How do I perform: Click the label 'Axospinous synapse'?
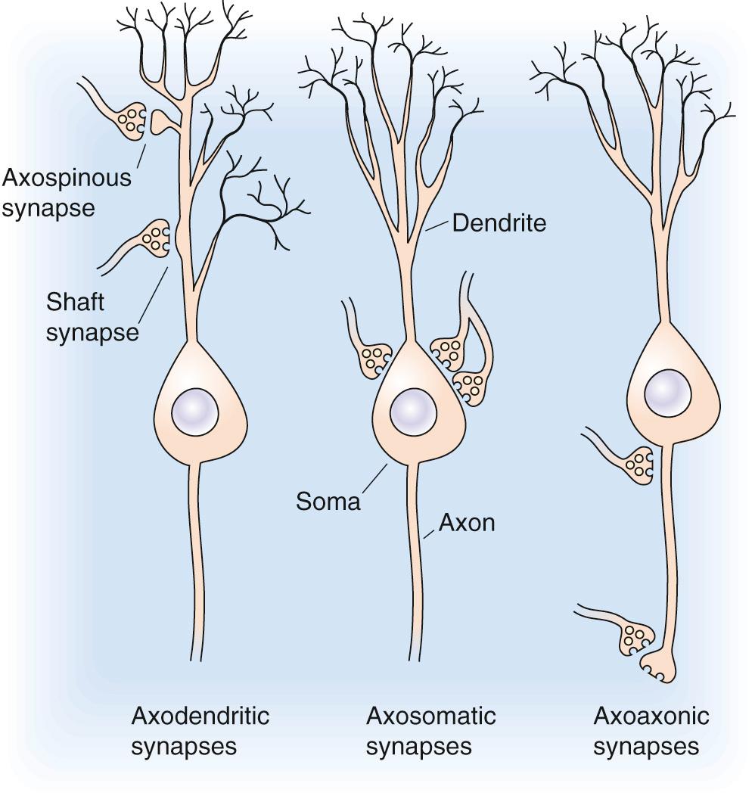(67, 193)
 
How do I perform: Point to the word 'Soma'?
(328, 501)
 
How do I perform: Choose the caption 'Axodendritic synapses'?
(200, 731)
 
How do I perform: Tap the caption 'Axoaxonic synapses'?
(651, 731)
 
